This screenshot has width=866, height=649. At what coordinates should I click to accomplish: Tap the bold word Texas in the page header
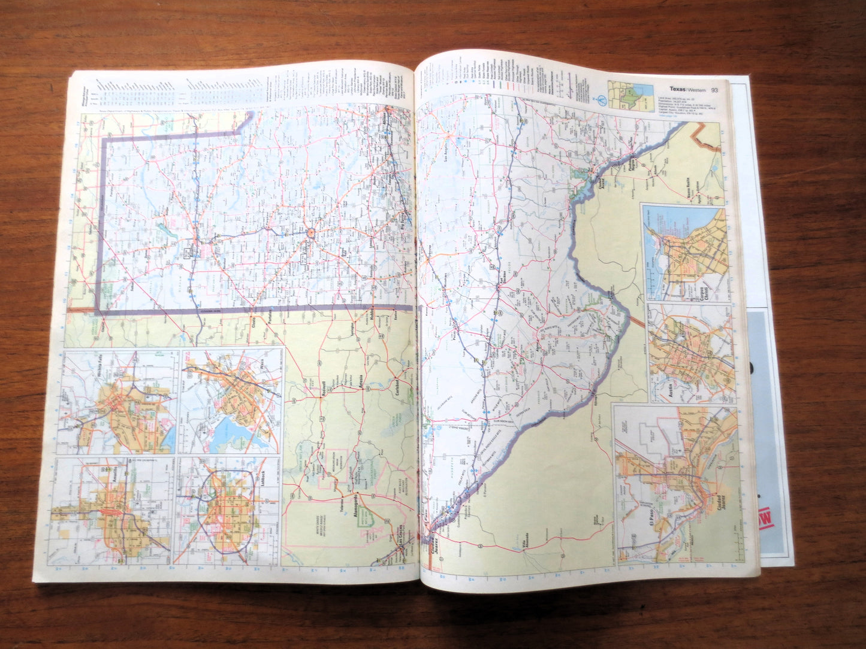[x=678, y=89]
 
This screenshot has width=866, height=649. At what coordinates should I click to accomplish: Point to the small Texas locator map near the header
[x=631, y=97]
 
